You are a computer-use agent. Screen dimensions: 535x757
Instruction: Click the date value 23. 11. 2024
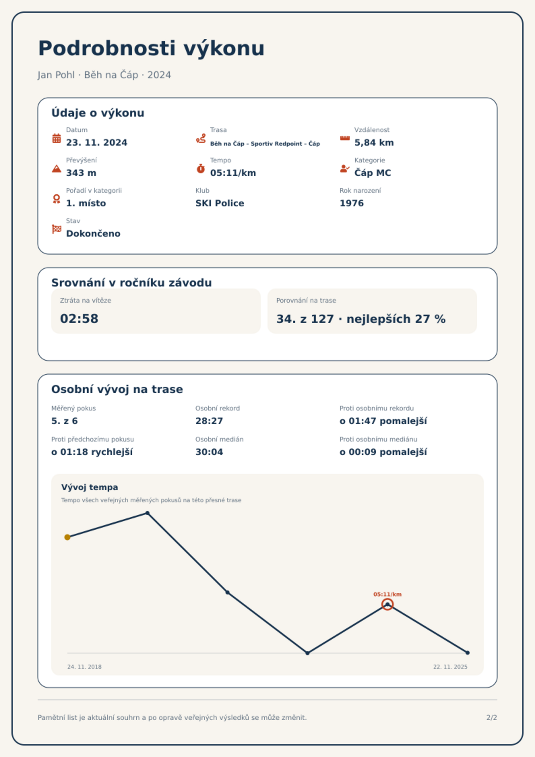(x=97, y=143)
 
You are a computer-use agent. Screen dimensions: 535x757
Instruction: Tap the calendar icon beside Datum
(x=57, y=138)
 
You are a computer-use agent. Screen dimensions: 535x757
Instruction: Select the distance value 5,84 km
(x=374, y=143)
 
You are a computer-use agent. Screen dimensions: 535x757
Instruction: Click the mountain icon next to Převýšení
(x=57, y=169)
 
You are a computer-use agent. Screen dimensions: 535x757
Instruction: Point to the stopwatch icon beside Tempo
(x=201, y=169)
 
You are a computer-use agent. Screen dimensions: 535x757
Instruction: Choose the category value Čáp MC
(x=373, y=173)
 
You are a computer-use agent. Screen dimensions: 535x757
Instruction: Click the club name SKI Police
(x=220, y=203)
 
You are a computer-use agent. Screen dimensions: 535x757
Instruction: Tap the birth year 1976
(x=352, y=203)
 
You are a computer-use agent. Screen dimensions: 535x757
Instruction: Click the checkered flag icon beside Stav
(x=57, y=229)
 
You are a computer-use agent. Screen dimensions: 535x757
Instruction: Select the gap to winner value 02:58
(x=79, y=319)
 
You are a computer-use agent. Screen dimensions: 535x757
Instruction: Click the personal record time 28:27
(x=209, y=421)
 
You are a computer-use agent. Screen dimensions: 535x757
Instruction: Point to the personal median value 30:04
(x=209, y=452)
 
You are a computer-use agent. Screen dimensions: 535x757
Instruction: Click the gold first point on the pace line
(x=67, y=537)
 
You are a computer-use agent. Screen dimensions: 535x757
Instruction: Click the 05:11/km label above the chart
(x=387, y=594)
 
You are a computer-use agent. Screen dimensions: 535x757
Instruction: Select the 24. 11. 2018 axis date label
(x=84, y=667)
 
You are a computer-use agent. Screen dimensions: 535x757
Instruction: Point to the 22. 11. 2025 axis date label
(x=450, y=667)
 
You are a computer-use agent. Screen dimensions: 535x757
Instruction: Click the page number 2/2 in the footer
(x=492, y=718)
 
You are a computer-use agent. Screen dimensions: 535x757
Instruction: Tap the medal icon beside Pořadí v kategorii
(x=57, y=199)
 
